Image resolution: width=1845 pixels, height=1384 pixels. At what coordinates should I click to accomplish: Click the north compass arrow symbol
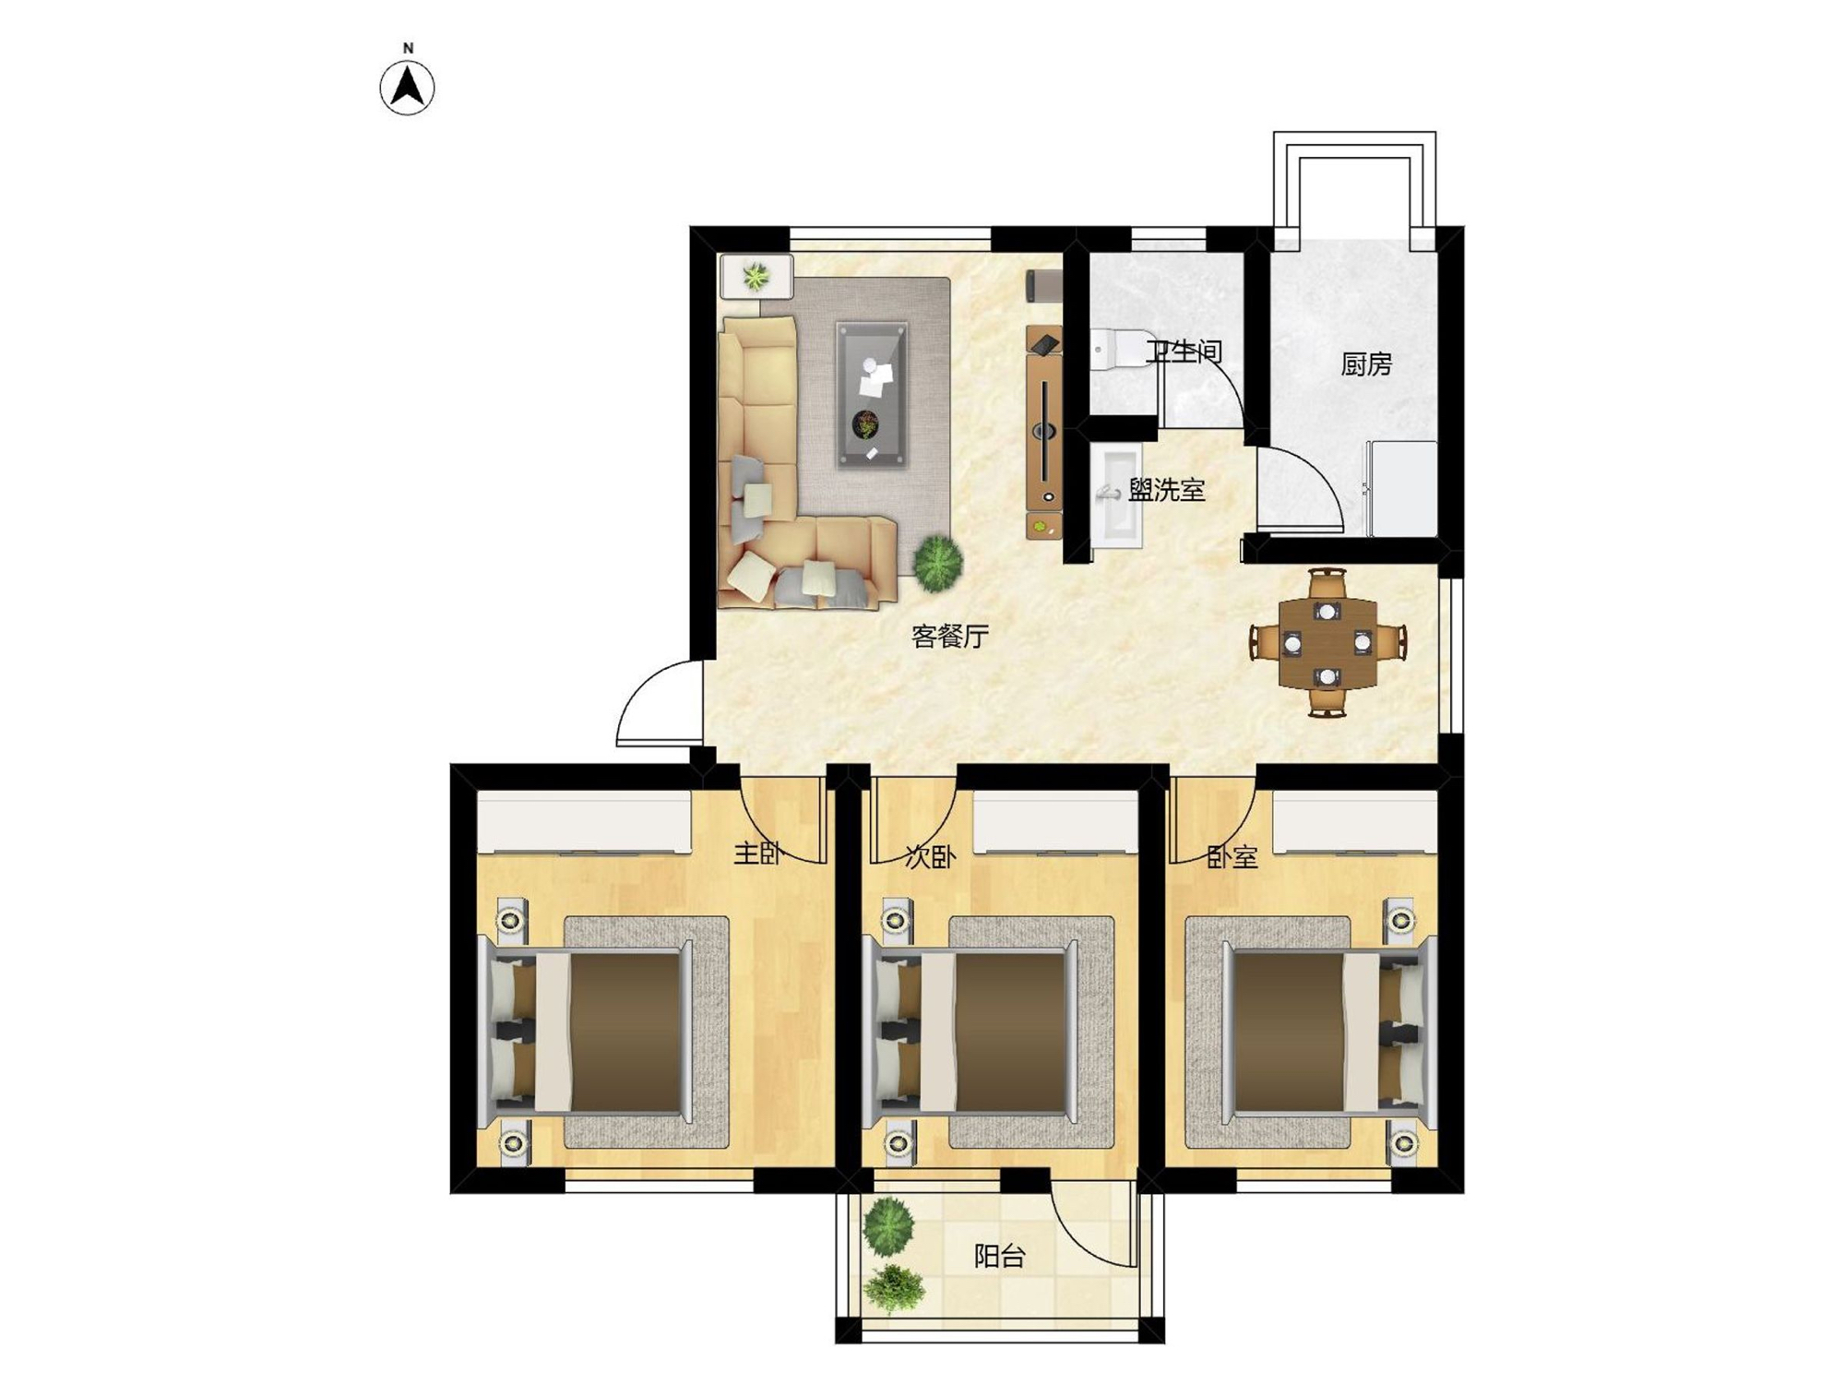[x=408, y=88]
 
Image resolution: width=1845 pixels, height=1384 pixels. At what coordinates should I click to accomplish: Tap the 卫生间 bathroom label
[x=1184, y=352]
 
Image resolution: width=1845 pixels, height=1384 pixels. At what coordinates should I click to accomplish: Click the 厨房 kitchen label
[x=1365, y=364]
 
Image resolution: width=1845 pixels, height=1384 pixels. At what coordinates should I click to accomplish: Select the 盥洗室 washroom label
[x=1167, y=490]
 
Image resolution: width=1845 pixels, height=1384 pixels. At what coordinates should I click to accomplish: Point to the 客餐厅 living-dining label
[x=950, y=636]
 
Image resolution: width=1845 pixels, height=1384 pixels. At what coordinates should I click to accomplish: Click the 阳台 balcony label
[x=1000, y=1256]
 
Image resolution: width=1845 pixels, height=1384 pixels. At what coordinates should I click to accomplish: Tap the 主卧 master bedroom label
[x=758, y=853]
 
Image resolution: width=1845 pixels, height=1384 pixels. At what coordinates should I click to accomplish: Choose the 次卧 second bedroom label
[x=930, y=857]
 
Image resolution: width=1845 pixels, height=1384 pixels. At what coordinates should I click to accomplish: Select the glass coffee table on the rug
[x=872, y=394]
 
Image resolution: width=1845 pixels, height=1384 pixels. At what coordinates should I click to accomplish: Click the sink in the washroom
[x=1117, y=496]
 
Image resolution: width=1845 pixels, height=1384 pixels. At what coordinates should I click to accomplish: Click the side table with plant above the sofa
[x=756, y=276]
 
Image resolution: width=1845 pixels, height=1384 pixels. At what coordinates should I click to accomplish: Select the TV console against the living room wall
[x=1044, y=431]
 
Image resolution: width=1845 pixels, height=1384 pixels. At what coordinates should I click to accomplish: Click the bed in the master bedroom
[x=585, y=1032]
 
